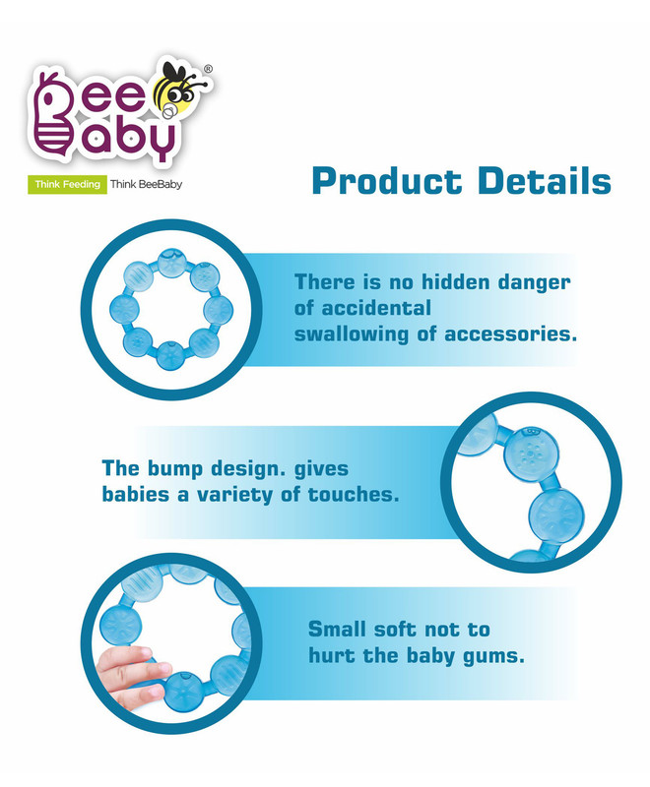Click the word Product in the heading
[x=386, y=181]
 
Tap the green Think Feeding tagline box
[x=67, y=184]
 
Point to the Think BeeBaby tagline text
[x=146, y=184]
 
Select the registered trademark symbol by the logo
[x=209, y=69]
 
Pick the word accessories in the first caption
[x=510, y=333]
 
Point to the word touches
[x=354, y=495]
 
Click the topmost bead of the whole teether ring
[x=171, y=263]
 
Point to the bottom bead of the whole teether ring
[x=171, y=354]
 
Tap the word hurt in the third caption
[x=332, y=655]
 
